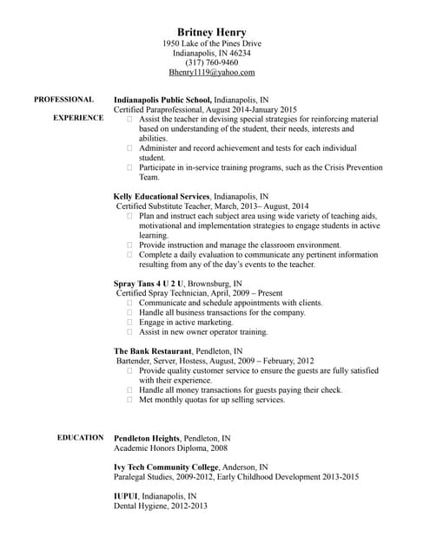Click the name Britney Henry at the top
tap(211, 32)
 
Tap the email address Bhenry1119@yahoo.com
tap(212, 74)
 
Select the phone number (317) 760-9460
tap(212, 63)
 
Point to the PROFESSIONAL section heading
tap(63, 100)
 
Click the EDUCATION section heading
tap(81, 438)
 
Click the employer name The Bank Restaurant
tap(153, 350)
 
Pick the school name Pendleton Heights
tap(147, 438)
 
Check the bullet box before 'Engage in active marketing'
tap(130, 322)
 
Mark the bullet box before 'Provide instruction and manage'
tap(130, 245)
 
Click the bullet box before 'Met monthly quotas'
tap(130, 400)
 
